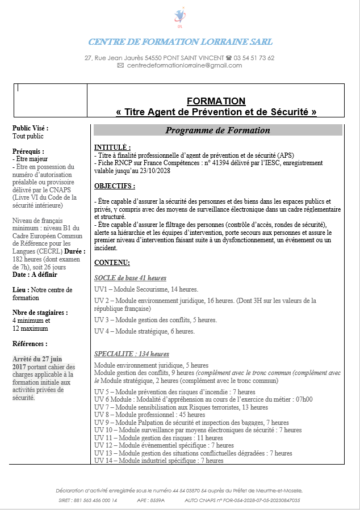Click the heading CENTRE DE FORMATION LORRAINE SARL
coord(180,42)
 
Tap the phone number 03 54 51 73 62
coord(254,58)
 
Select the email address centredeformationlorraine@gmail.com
coord(185,65)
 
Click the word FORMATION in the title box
coord(216,101)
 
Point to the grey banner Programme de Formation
coord(217,130)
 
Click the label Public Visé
coord(30,128)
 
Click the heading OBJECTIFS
coord(115,186)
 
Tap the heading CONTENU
coord(112,263)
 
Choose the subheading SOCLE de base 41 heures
coord(130,278)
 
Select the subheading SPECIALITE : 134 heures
coord(131,354)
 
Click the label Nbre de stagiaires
coord(40,313)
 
